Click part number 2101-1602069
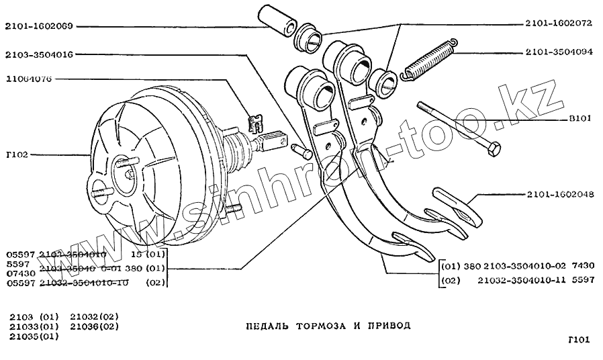[38, 27]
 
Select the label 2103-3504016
[38, 54]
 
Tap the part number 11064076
[31, 79]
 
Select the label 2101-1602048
[559, 195]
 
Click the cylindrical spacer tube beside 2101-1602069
[276, 20]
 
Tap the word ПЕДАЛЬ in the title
[267, 325]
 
